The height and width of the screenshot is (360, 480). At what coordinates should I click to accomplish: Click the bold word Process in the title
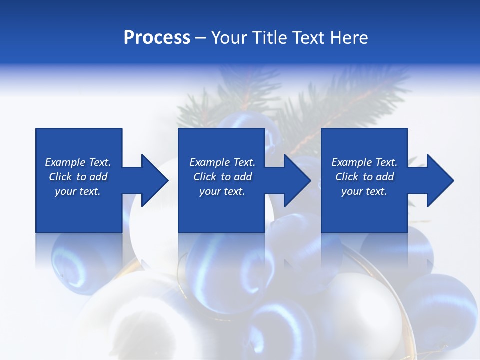point(157,38)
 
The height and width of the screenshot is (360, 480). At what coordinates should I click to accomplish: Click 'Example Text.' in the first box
point(78,162)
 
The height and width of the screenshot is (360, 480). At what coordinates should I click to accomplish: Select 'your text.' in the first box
point(78,191)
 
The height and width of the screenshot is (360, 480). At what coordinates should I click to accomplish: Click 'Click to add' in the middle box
point(222,177)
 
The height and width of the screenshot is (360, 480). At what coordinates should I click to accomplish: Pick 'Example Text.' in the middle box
point(222,162)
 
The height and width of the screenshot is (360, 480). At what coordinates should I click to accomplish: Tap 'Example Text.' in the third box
point(364,162)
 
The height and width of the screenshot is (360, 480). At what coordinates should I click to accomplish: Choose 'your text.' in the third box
point(364,191)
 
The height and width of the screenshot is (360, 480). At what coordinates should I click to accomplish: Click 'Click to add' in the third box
point(364,177)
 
